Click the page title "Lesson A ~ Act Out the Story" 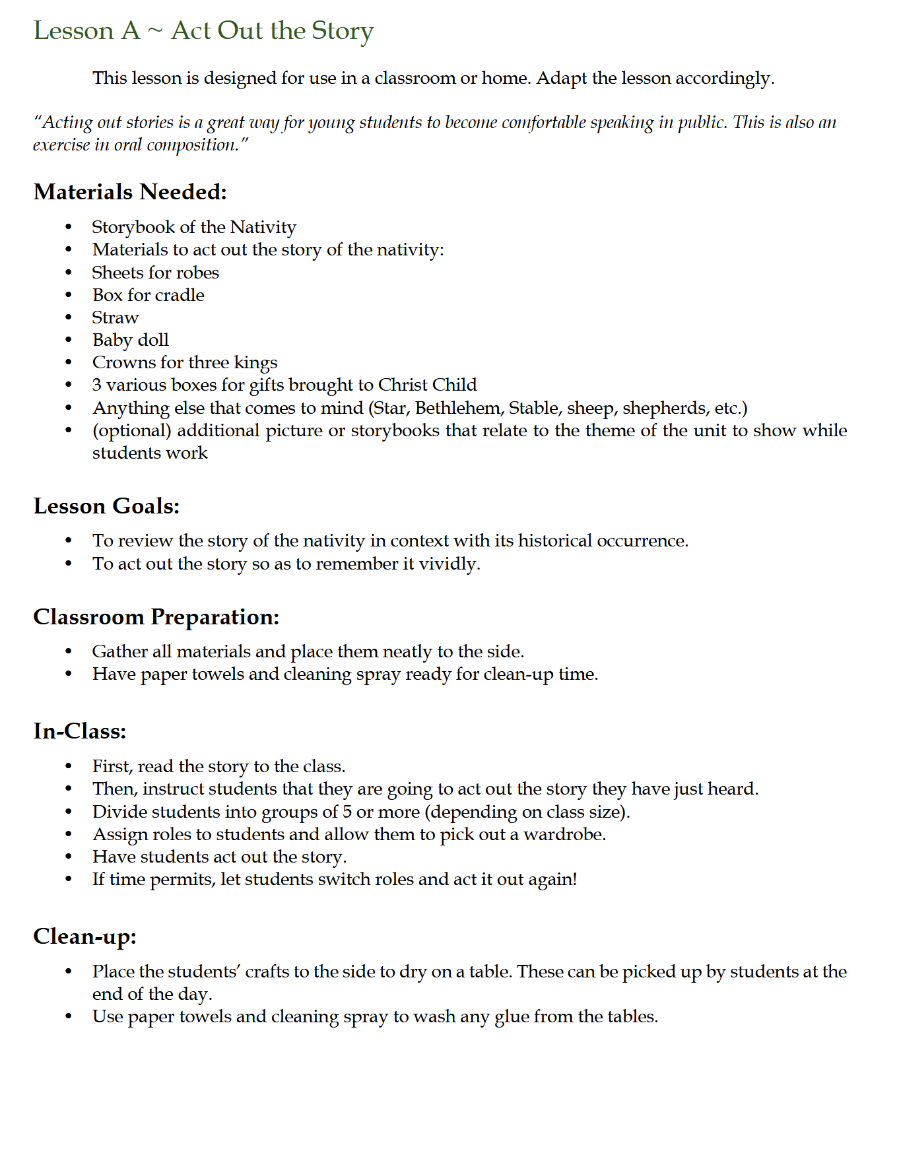(x=203, y=31)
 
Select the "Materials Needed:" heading (x=130, y=192)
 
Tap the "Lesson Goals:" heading (x=106, y=506)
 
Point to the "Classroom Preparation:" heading (x=156, y=617)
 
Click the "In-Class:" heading (x=79, y=731)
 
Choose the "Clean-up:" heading (x=84, y=936)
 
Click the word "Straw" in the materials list (x=116, y=317)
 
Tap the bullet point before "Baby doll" (x=69, y=341)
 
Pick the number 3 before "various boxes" (x=97, y=385)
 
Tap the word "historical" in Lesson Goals (x=554, y=541)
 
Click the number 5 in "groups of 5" (x=347, y=812)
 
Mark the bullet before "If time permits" (x=69, y=880)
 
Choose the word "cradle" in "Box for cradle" (x=180, y=295)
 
